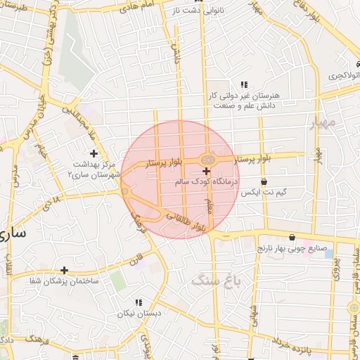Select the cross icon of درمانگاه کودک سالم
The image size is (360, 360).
click(x=206, y=172)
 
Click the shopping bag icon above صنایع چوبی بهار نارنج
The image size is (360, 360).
click(x=292, y=237)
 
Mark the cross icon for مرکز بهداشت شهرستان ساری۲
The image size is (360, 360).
click(x=94, y=153)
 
